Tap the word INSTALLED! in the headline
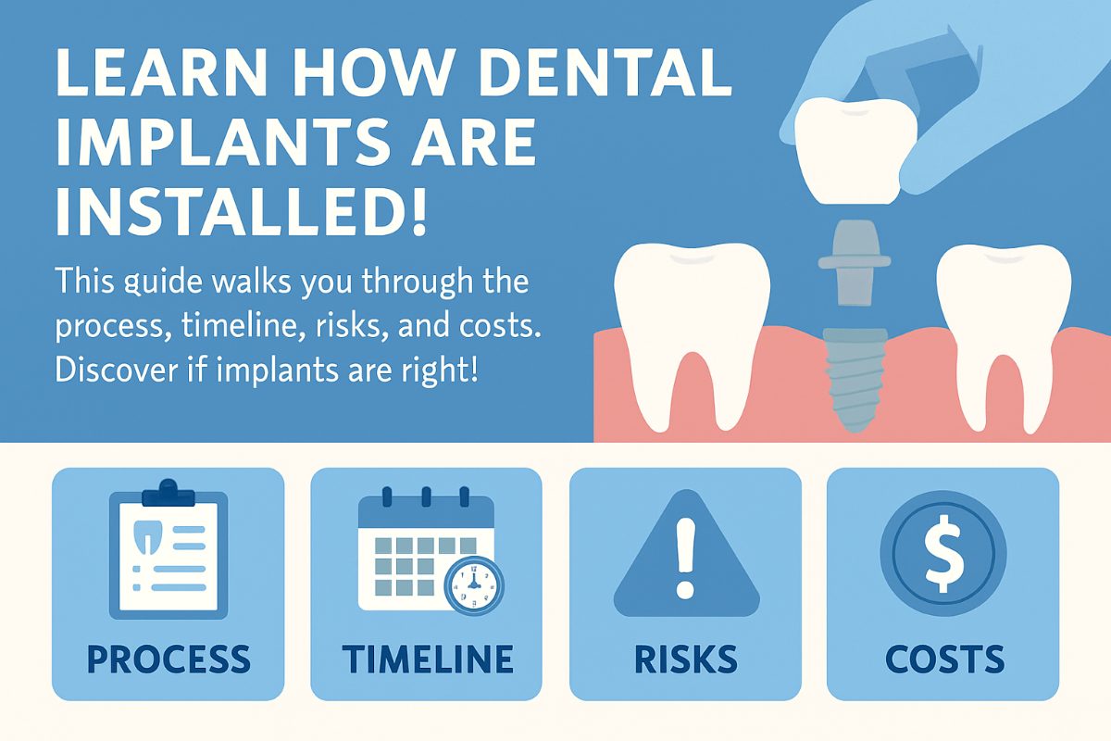pos(241,212)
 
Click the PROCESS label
pos(169,659)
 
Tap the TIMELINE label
pos(428,659)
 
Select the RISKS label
pos(686,659)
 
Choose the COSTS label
pos(945,659)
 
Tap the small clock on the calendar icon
pos(474,585)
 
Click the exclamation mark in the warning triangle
pos(686,558)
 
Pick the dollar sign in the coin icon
pos(943,553)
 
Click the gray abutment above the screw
pos(855,263)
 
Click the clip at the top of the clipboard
pos(169,493)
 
